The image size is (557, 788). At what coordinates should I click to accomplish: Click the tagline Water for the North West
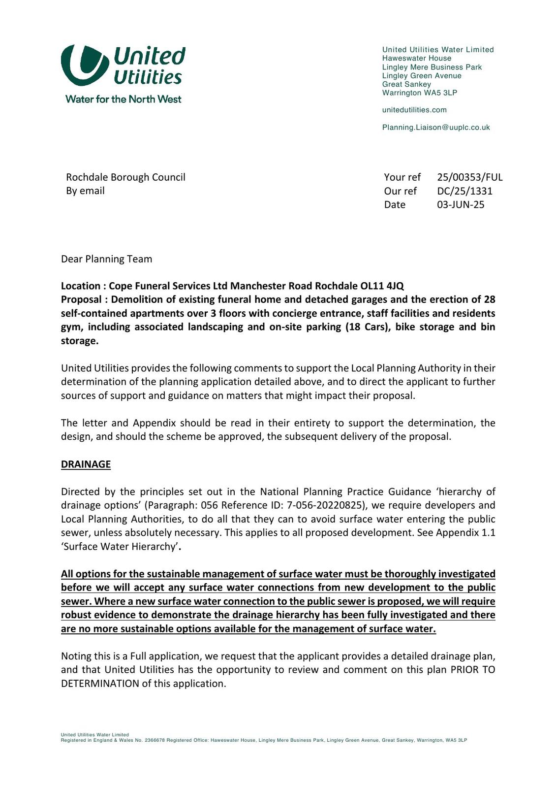(x=123, y=99)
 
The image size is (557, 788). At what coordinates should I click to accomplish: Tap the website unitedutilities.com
(x=414, y=110)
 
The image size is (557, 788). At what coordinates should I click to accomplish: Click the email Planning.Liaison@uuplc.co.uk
(x=436, y=127)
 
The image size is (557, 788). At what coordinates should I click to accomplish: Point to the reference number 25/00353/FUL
(x=469, y=177)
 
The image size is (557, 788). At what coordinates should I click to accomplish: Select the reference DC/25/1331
(x=464, y=191)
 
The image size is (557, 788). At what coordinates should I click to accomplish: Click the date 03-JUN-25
(x=461, y=205)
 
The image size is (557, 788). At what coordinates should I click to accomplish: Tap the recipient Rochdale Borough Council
(x=125, y=177)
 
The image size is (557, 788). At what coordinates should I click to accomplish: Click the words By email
(x=85, y=191)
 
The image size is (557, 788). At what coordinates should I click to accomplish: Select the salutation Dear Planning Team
(x=106, y=259)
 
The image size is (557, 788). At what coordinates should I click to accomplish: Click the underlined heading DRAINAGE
(x=86, y=464)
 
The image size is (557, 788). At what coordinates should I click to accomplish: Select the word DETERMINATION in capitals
(x=100, y=684)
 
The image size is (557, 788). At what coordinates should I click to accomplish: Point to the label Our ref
(x=400, y=191)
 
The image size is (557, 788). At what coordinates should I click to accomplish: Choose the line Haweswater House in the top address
(x=416, y=58)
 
